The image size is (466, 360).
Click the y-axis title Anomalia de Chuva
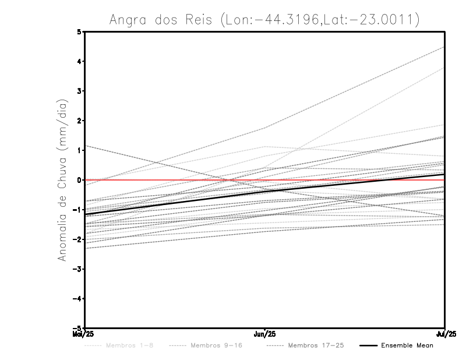pyautogui.click(x=62, y=180)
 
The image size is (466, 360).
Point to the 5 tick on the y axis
pyautogui.click(x=79, y=31)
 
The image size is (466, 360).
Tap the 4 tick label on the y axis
pyautogui.click(x=79, y=61)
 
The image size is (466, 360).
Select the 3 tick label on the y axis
pyautogui.click(x=79, y=91)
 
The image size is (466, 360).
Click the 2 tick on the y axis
pyautogui.click(x=79, y=121)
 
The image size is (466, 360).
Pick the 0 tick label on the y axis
pyautogui.click(x=79, y=180)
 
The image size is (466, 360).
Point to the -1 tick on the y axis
pyautogui.click(x=77, y=210)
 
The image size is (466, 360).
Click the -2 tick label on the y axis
pyautogui.click(x=77, y=239)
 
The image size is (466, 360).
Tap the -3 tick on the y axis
pyautogui.click(x=77, y=269)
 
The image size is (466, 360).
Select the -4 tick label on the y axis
pyautogui.click(x=77, y=299)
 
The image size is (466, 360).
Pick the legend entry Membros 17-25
pyautogui.click(x=316, y=345)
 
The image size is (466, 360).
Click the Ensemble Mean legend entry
pyautogui.click(x=407, y=345)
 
